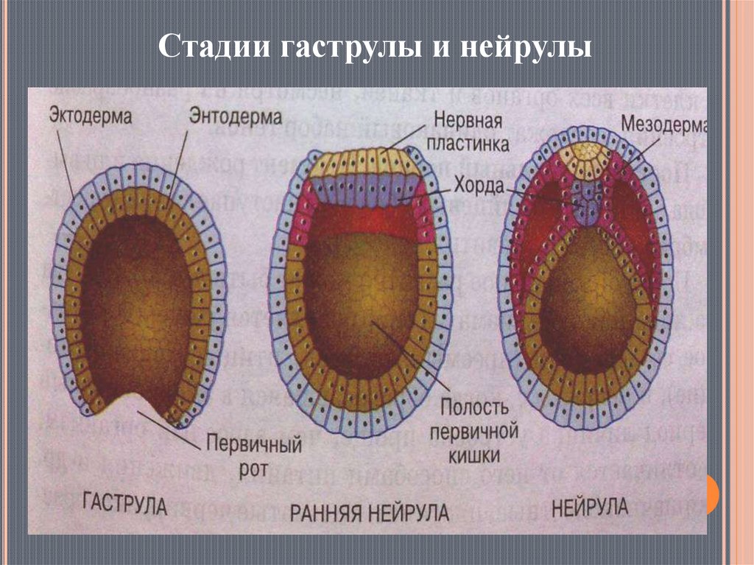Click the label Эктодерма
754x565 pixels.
91,116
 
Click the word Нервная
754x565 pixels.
468,120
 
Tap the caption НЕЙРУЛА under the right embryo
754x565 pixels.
590,507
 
